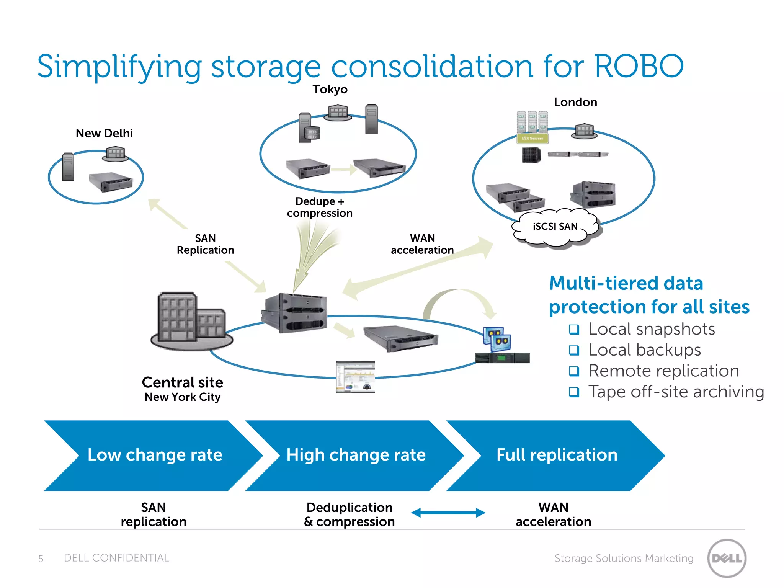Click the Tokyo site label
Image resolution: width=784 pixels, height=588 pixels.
(x=330, y=90)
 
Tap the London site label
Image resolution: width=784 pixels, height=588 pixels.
(x=575, y=102)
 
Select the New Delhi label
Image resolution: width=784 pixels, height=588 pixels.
(x=104, y=133)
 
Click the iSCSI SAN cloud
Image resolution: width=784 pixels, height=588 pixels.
(x=555, y=227)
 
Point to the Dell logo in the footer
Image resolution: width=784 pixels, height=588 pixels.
(x=727, y=558)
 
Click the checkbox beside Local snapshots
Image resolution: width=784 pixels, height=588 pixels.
(x=574, y=329)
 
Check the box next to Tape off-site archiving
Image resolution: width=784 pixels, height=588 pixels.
(x=574, y=392)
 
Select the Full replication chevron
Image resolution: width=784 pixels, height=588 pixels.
(x=557, y=455)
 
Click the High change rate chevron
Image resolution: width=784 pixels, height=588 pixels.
(x=356, y=455)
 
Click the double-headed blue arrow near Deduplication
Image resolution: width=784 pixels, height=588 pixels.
(x=448, y=513)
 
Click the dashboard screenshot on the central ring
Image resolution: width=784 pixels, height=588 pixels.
(x=355, y=377)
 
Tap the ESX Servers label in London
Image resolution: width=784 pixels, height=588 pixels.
(x=532, y=139)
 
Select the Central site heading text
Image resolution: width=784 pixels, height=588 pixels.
(x=182, y=382)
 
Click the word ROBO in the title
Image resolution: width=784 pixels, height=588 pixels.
(x=639, y=66)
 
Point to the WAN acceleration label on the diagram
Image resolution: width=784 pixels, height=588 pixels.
(x=422, y=244)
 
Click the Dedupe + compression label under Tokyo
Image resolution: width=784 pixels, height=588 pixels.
(x=320, y=207)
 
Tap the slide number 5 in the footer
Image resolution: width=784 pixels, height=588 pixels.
(x=41, y=559)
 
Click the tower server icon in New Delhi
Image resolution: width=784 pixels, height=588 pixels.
(x=68, y=167)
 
